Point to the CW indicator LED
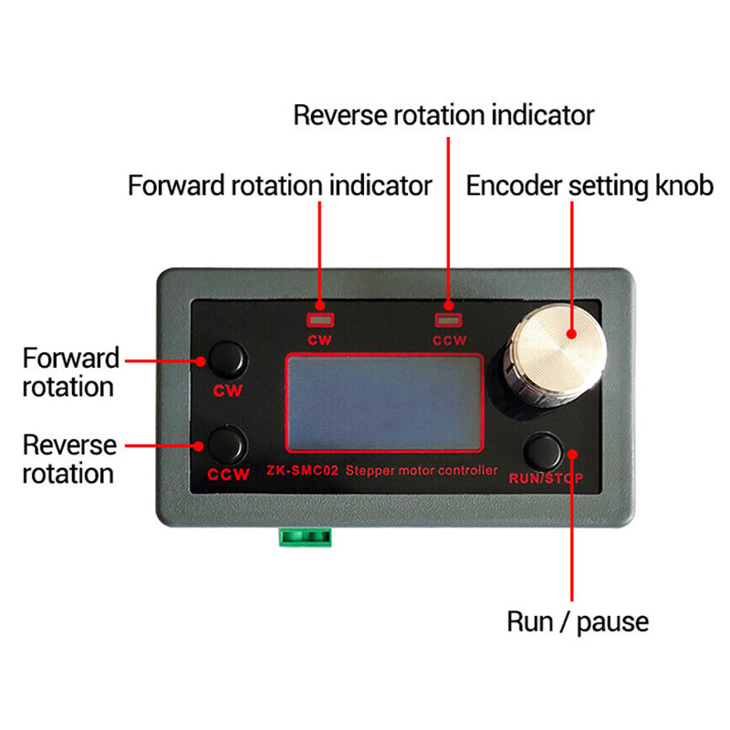319,320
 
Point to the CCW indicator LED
448,320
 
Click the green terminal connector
304,536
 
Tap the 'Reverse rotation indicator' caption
443,116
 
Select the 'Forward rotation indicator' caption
279,186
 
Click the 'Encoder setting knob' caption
589,186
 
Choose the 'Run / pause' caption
578,622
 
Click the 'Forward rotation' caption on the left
69,371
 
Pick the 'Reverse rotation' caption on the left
69,460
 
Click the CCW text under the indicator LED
448,341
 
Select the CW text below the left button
227,391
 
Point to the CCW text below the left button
228,475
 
